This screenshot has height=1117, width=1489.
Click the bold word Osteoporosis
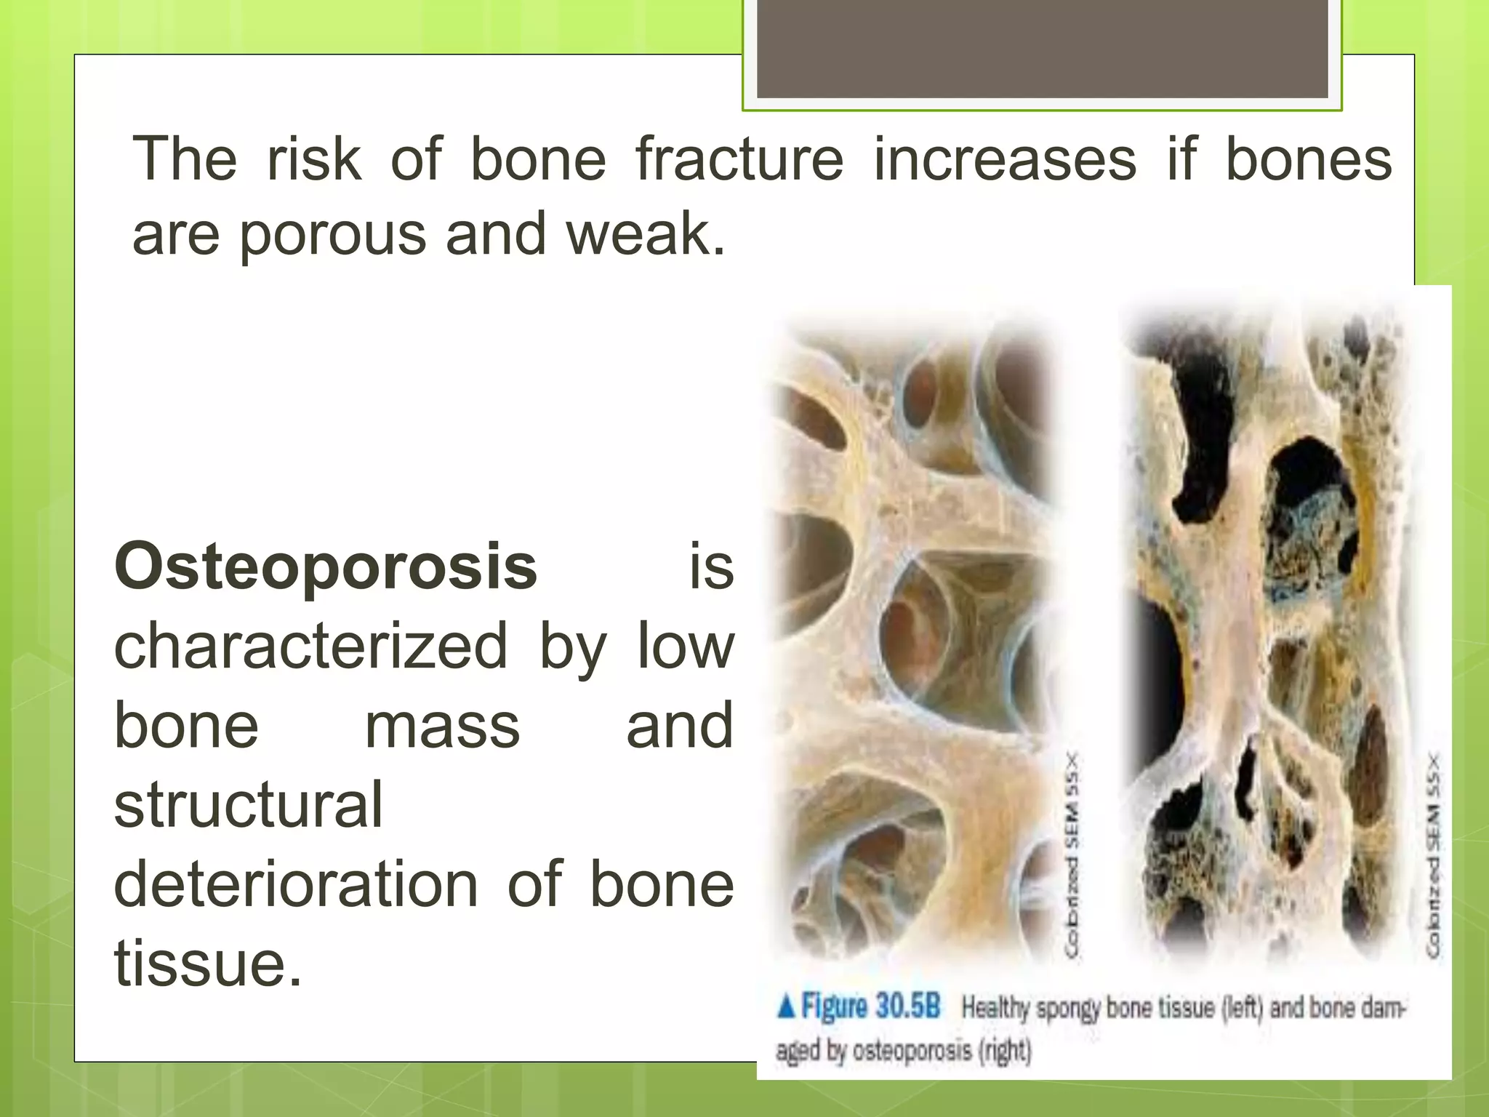click(326, 567)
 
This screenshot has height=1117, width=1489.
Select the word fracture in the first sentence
click(739, 159)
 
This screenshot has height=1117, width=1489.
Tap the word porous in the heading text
click(332, 236)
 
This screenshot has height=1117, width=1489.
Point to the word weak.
click(646, 234)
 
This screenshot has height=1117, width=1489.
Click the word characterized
click(310, 646)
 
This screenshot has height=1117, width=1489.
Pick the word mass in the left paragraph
click(442, 726)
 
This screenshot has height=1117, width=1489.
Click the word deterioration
click(296, 884)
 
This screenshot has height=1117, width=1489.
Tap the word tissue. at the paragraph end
click(208, 964)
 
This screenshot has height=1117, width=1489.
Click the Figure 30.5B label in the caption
click(870, 1007)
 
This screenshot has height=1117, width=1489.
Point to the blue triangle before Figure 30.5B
click(786, 1007)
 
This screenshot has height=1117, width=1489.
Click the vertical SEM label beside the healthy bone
click(1072, 855)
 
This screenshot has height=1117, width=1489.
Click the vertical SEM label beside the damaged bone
click(1432, 855)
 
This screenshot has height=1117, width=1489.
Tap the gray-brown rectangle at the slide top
click(1042, 49)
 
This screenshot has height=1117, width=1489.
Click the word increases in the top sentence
click(1004, 159)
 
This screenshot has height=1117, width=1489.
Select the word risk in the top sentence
click(313, 159)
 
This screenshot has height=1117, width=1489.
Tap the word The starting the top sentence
click(185, 159)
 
